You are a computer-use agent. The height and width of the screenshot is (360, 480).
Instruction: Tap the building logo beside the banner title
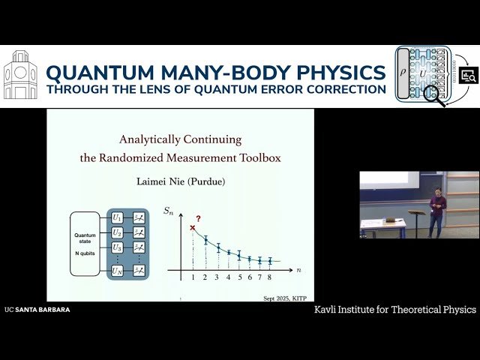[x=20, y=75]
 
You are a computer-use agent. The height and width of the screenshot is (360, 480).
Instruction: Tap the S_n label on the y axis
[x=169, y=211]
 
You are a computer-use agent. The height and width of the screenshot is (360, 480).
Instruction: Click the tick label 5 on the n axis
[x=239, y=277]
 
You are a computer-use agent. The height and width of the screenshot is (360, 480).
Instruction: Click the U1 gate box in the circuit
[x=117, y=217]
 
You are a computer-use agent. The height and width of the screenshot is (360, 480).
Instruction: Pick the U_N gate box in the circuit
[x=117, y=269]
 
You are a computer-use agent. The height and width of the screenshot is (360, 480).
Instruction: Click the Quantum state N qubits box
[x=85, y=243]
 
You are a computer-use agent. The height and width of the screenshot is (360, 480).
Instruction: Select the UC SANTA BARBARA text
[x=37, y=310]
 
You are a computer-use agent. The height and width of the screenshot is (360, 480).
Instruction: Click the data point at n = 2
[x=205, y=240]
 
